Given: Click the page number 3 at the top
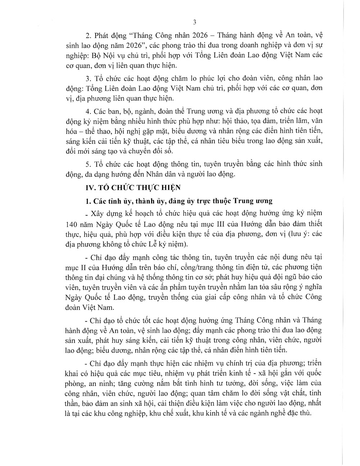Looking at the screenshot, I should tap(194, 22).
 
